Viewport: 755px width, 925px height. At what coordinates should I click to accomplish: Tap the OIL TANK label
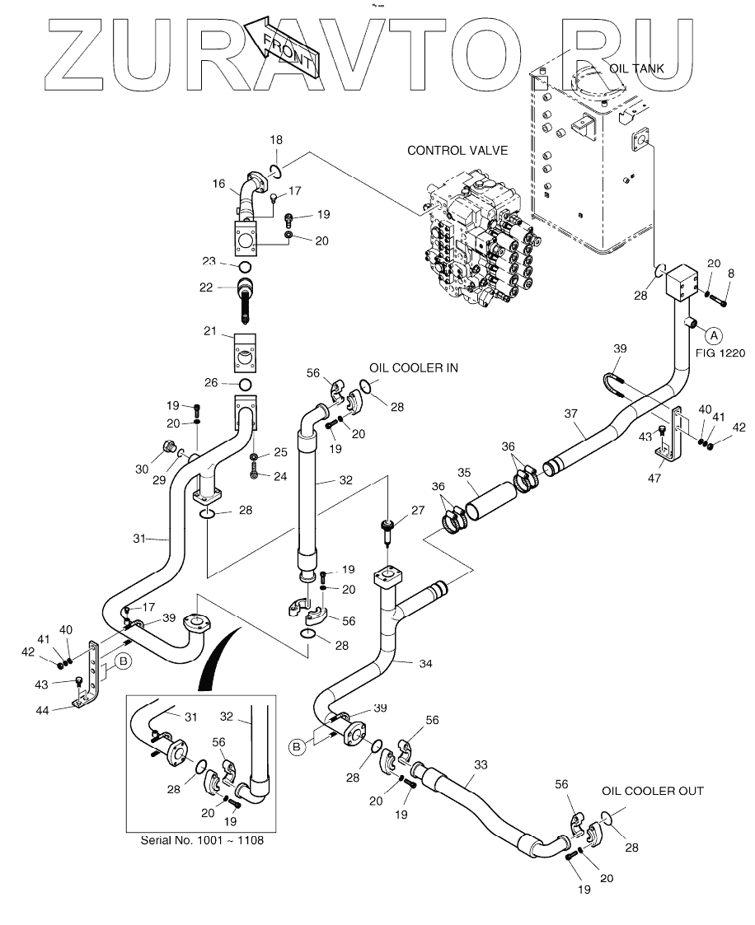[636, 68]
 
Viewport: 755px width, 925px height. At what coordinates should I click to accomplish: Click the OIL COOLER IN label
[413, 368]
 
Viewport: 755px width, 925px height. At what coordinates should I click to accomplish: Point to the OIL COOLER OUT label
[652, 791]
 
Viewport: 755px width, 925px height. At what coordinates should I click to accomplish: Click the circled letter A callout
[715, 334]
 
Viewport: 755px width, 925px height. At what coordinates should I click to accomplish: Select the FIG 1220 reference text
[720, 353]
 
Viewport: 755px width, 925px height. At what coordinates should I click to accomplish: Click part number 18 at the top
[277, 142]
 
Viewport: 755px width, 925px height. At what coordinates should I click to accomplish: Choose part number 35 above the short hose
[464, 472]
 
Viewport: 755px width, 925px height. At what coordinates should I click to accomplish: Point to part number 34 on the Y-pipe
[401, 662]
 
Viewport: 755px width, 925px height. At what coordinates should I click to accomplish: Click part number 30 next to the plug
[143, 469]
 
